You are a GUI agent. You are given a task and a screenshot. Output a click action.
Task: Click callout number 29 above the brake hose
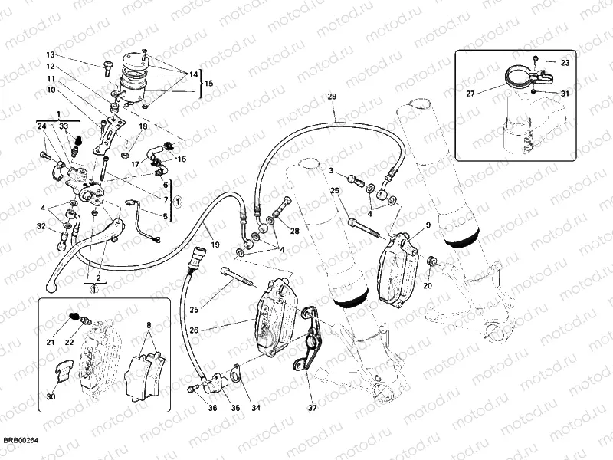coord(332,97)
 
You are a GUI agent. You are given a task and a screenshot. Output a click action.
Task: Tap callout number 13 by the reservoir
coord(51,55)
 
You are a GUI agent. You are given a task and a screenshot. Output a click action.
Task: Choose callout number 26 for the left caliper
coord(195,330)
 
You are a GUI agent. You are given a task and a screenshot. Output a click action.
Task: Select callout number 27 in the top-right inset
coord(470,93)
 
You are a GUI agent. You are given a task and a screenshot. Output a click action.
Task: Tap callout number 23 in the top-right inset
coord(565,63)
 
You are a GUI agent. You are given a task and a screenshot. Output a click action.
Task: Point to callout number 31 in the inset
coord(565,94)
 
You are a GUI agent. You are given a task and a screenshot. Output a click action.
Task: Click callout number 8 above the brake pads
coord(149,325)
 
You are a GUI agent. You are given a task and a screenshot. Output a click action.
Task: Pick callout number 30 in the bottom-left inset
coord(51,396)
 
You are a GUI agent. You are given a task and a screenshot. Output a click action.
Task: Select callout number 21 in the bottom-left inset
coord(51,342)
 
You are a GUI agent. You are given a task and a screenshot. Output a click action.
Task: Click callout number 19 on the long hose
coord(215,245)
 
